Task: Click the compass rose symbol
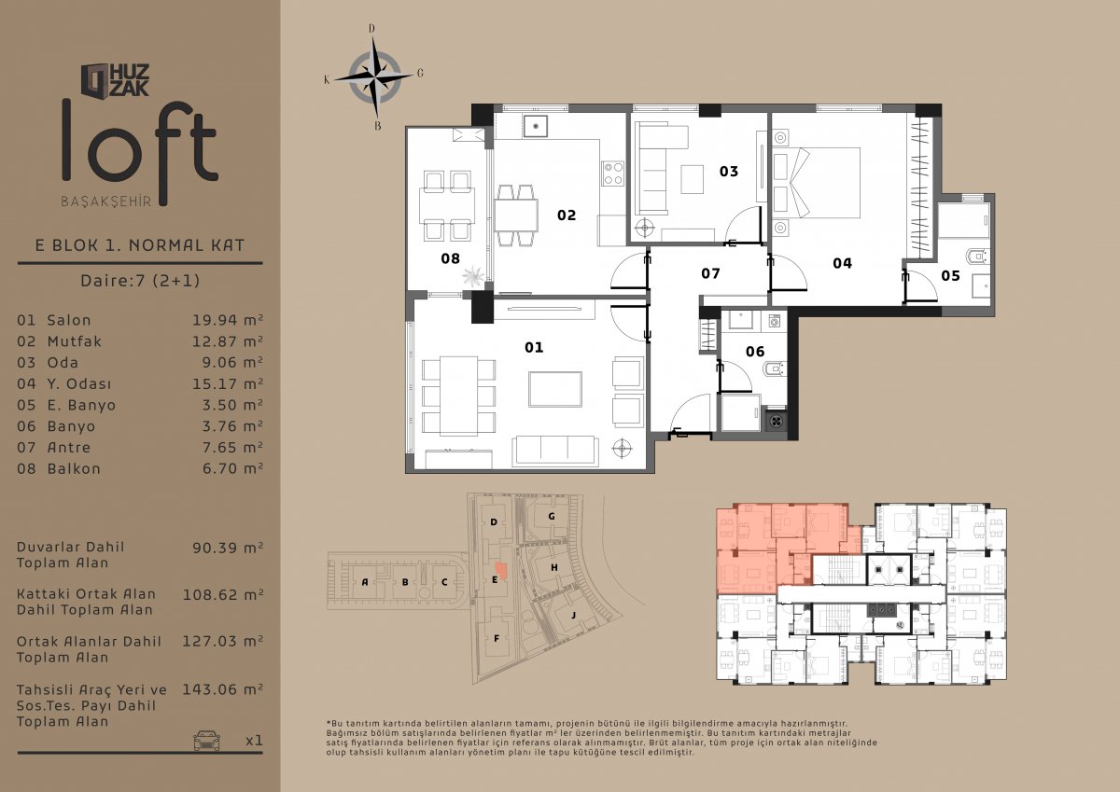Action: pyautogui.click(x=374, y=76)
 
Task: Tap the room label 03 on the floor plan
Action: pyautogui.click(x=729, y=172)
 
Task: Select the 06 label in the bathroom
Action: pyautogui.click(x=755, y=352)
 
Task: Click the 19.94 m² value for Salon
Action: pyautogui.click(x=228, y=320)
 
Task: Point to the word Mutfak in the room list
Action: pyautogui.click(x=75, y=341)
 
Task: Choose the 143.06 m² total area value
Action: pyautogui.click(x=222, y=689)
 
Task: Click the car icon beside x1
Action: pyautogui.click(x=206, y=740)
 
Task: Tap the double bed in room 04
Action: pyautogui.click(x=817, y=183)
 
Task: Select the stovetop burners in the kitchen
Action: pyautogui.click(x=613, y=174)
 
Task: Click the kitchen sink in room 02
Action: pyautogui.click(x=536, y=127)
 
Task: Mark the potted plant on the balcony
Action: pyautogui.click(x=473, y=276)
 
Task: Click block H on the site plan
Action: pyautogui.click(x=554, y=567)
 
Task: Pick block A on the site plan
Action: pyautogui.click(x=365, y=581)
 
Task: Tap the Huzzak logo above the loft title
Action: pyautogui.click(x=115, y=80)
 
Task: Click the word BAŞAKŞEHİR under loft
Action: pyautogui.click(x=106, y=201)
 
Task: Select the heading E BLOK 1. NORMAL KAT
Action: pyautogui.click(x=140, y=245)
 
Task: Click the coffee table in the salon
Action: pyautogui.click(x=555, y=389)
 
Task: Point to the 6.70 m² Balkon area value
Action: pyautogui.click(x=232, y=468)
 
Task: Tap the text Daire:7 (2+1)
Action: pyautogui.click(x=140, y=280)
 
